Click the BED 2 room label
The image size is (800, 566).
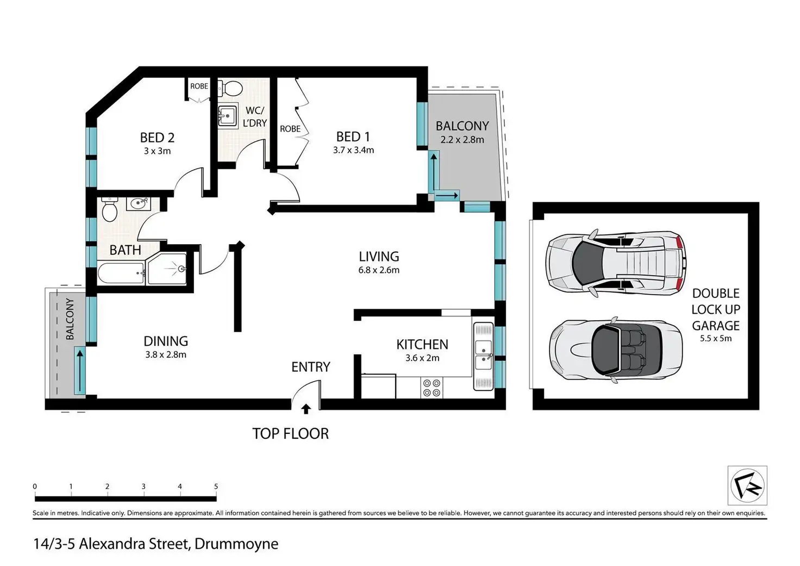(x=157, y=138)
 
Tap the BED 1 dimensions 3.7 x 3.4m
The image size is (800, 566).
(x=354, y=150)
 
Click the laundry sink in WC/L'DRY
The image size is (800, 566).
(x=228, y=116)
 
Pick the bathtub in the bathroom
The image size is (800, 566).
(x=121, y=273)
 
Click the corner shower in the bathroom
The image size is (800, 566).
(x=167, y=269)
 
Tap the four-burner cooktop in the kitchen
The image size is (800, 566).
(x=432, y=388)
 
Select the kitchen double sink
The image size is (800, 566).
(x=484, y=356)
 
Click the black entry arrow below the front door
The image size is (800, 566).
(x=306, y=409)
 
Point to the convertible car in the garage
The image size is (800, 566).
(x=616, y=350)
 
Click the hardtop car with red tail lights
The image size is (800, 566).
(x=616, y=263)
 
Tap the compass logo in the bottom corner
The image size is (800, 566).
(x=747, y=485)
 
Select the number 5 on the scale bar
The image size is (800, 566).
(x=216, y=486)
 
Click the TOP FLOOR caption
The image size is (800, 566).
(x=290, y=434)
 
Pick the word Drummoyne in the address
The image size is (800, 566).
(x=236, y=544)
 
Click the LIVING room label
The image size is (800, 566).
(x=379, y=257)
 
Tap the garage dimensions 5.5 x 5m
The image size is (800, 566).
(x=716, y=338)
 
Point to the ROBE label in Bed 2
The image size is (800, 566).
(x=199, y=86)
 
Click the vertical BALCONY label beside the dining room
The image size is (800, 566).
(x=70, y=319)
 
